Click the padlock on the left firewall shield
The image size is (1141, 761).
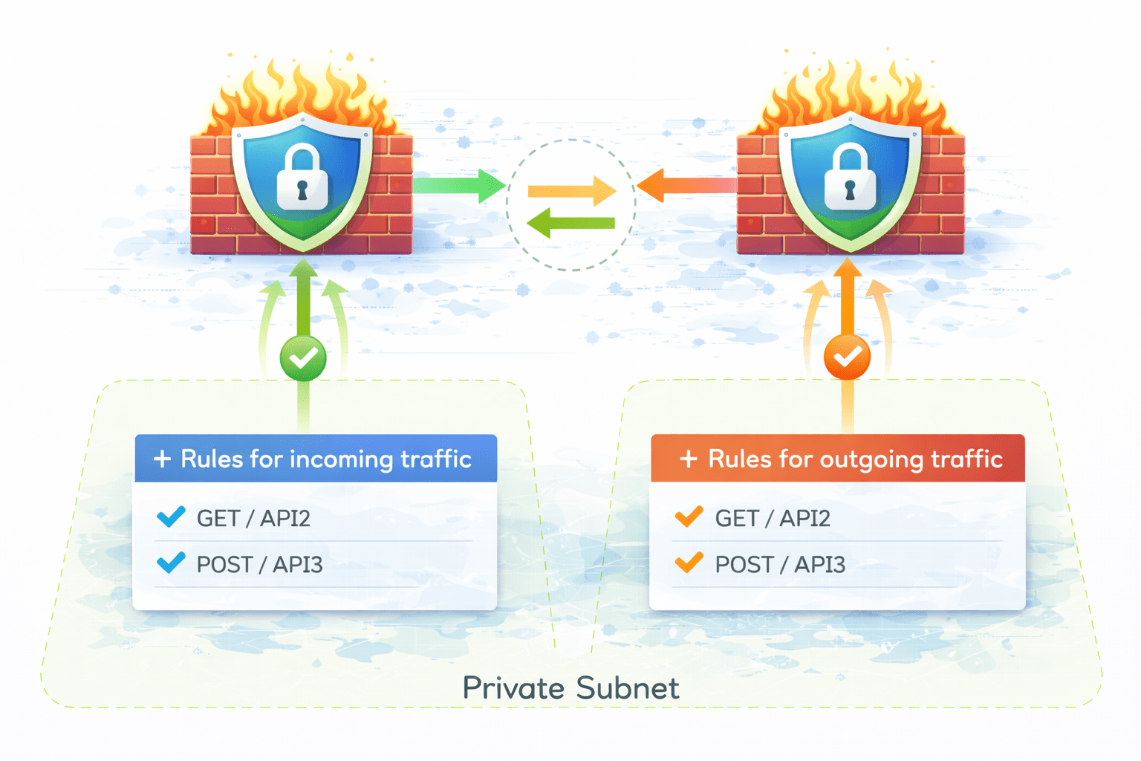click(302, 180)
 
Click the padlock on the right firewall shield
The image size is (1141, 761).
click(850, 180)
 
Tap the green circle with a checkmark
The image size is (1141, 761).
click(303, 358)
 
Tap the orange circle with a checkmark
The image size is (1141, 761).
click(847, 357)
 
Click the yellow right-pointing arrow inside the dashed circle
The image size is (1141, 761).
click(571, 192)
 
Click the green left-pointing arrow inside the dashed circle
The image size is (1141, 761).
click(570, 222)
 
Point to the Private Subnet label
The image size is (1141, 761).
click(570, 688)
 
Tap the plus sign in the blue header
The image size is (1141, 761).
click(162, 459)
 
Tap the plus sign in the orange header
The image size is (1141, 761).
click(689, 459)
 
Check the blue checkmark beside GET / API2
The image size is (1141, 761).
click(171, 516)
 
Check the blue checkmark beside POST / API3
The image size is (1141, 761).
click(171, 563)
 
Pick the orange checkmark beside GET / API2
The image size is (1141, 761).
click(689, 516)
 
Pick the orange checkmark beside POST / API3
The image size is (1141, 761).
click(689, 563)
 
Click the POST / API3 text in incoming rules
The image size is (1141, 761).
click(259, 565)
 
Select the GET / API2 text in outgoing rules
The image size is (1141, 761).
click(773, 518)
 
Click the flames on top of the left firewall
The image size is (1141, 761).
click(301, 97)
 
